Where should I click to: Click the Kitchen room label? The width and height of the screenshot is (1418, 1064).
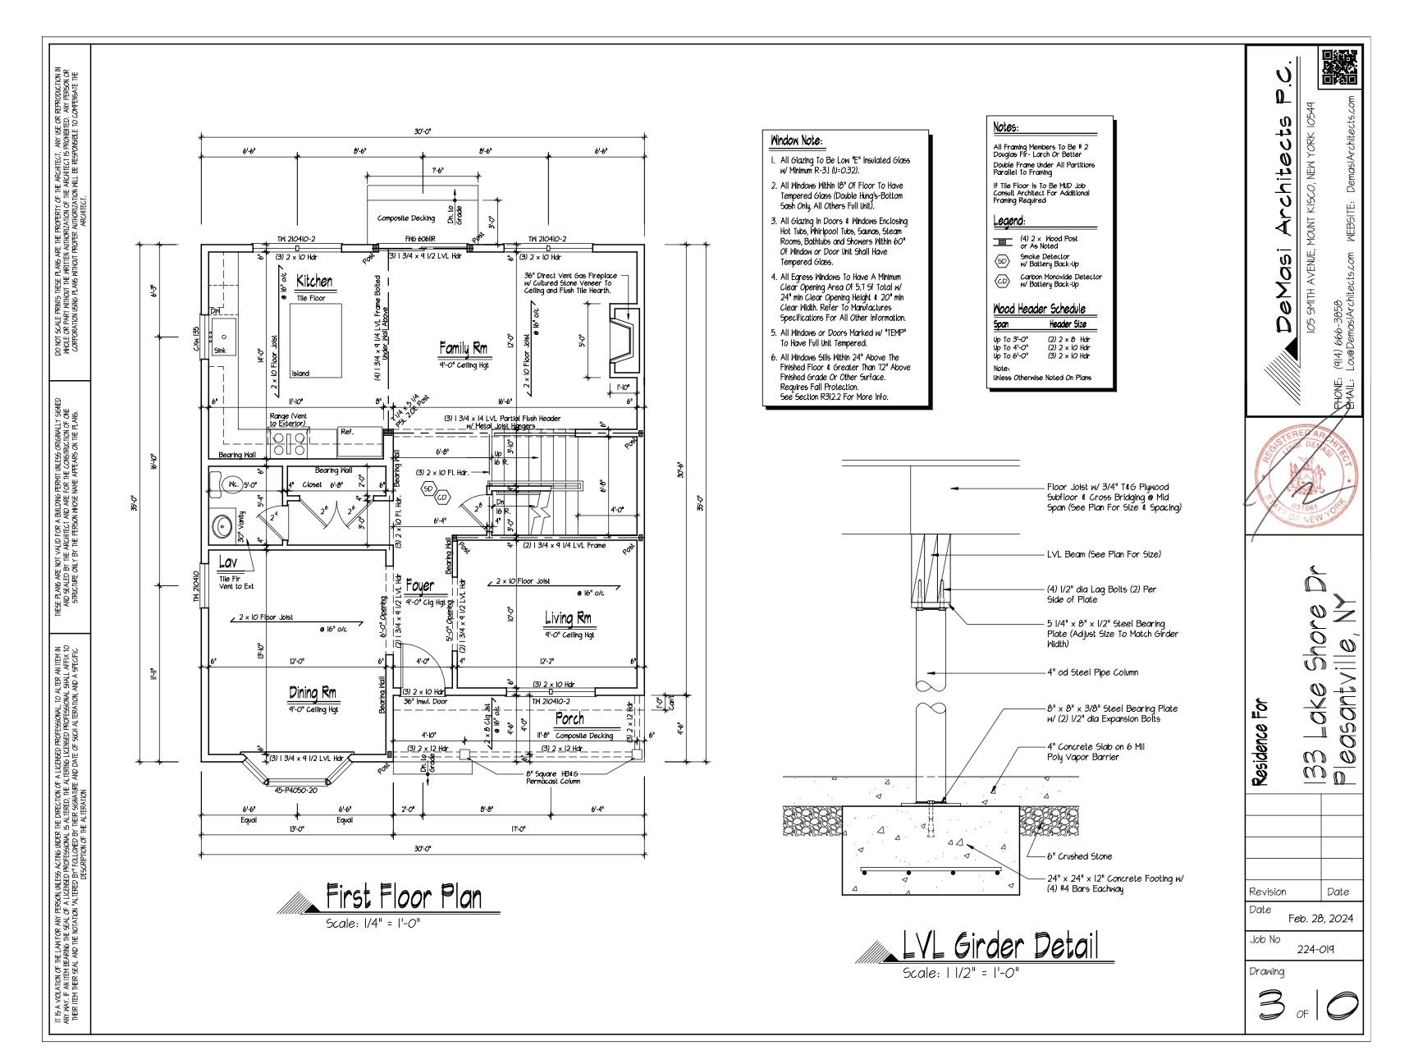[314, 282]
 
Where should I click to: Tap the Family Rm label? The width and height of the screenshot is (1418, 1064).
[463, 349]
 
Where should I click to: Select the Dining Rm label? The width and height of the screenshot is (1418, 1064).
[312, 694]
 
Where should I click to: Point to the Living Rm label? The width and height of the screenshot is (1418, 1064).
[568, 618]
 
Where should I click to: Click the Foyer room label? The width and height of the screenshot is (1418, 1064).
[419, 586]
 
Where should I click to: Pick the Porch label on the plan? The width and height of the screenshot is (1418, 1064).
[569, 719]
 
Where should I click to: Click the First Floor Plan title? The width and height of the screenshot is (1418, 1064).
[404, 897]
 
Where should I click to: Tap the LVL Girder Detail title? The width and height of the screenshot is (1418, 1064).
[999, 947]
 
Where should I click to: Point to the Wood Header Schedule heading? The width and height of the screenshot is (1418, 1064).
[1039, 309]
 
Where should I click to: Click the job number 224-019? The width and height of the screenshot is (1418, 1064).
[1315, 949]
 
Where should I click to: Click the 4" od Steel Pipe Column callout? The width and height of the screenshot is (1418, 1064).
[1092, 672]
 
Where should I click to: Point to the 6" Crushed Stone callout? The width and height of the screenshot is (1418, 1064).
[1079, 856]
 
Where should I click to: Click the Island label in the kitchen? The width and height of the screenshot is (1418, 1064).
[301, 374]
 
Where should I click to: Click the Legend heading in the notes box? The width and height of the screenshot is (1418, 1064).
[1009, 222]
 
